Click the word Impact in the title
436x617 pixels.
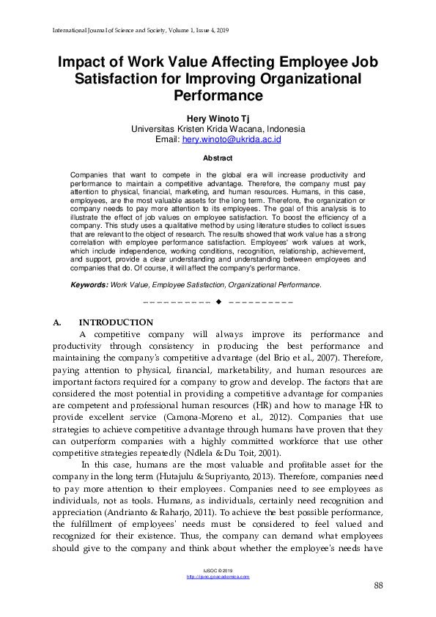pyautogui.click(x=85, y=62)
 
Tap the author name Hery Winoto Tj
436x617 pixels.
pyautogui.click(x=218, y=118)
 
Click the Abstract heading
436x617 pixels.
pyautogui.click(x=218, y=158)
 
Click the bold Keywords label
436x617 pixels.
pyautogui.click(x=89, y=284)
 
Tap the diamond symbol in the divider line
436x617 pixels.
pyautogui.click(x=218, y=302)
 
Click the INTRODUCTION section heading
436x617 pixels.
pyautogui.click(x=116, y=323)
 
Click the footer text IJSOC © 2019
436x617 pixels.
pyautogui.click(x=218, y=569)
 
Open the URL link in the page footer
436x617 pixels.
pyautogui.click(x=218, y=577)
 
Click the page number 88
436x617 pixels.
pyautogui.click(x=378, y=585)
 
